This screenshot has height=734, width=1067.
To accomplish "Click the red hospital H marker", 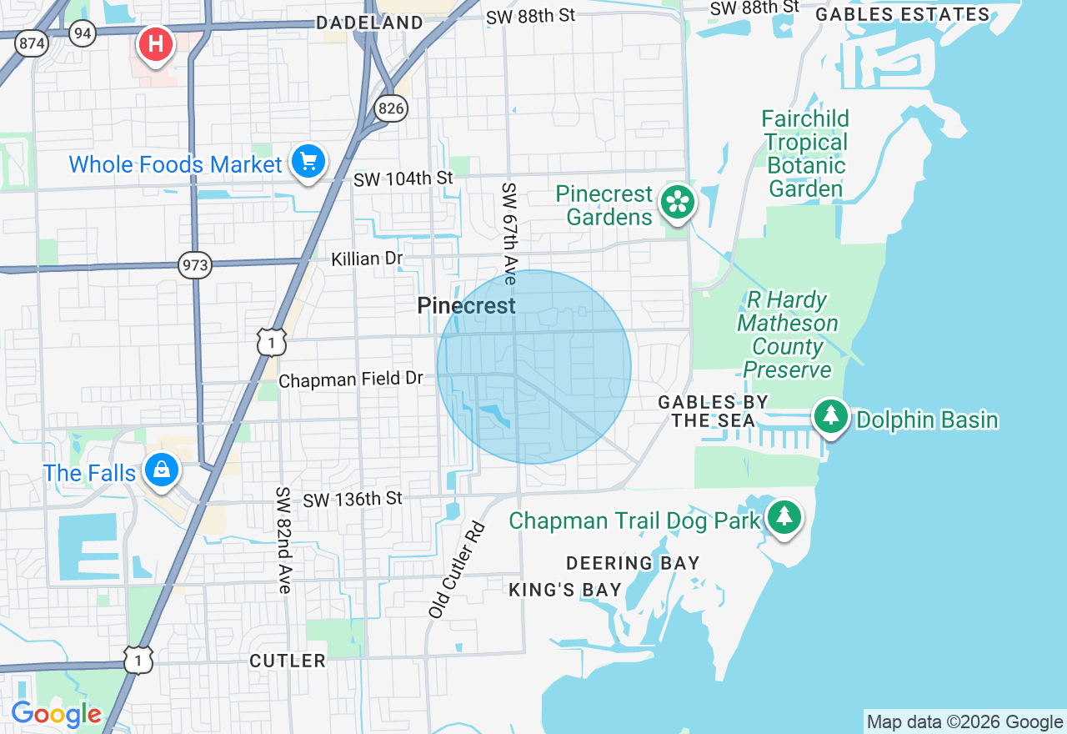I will pyautogui.click(x=156, y=43).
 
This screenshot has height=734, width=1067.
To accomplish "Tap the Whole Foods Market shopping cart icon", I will pyautogui.click(x=308, y=162).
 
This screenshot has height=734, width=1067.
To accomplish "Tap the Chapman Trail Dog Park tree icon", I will pyautogui.click(x=784, y=517).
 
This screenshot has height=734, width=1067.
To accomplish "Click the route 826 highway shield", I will pyautogui.click(x=390, y=107).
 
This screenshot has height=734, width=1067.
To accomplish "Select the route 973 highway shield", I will pyautogui.click(x=195, y=266).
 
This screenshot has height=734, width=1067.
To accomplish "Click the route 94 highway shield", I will pyautogui.click(x=83, y=33).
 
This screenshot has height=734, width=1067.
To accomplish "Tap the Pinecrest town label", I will pyautogui.click(x=466, y=306).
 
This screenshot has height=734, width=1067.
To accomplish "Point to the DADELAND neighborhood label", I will pyautogui.click(x=369, y=23).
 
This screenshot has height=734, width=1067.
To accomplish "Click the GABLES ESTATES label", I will pyautogui.click(x=903, y=14).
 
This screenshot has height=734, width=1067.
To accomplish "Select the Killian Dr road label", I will pyautogui.click(x=367, y=259).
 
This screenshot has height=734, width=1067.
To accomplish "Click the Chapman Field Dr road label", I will pyautogui.click(x=351, y=380).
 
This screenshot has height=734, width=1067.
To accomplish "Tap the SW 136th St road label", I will pyautogui.click(x=353, y=499).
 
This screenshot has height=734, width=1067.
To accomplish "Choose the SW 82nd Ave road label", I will pyautogui.click(x=283, y=540).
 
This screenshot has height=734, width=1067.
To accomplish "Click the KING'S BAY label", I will pyautogui.click(x=565, y=591).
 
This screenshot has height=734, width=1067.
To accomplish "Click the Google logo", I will pyautogui.click(x=56, y=714).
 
